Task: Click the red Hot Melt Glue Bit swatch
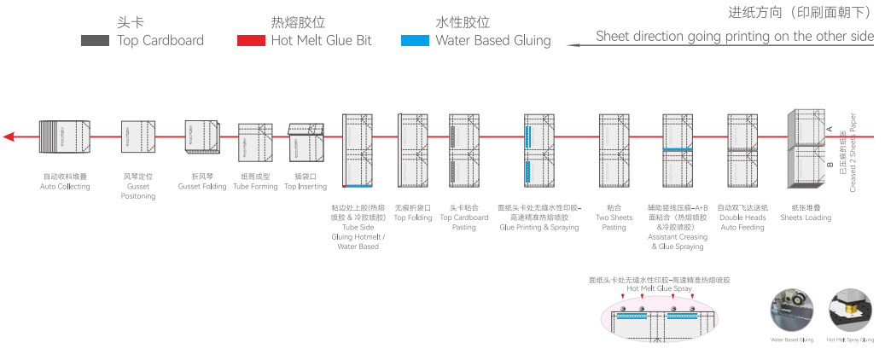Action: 250,40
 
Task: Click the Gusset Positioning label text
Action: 138,191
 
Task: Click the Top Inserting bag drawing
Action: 306,143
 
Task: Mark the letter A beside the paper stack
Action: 830,128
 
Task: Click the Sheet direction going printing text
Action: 734,36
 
